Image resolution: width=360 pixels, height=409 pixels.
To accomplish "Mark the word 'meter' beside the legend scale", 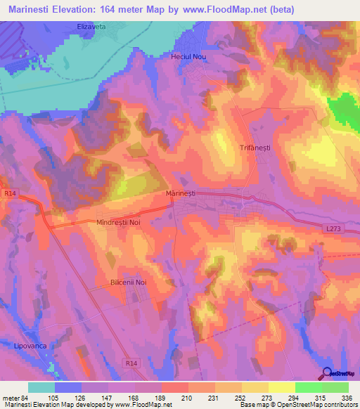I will [x=10, y=398].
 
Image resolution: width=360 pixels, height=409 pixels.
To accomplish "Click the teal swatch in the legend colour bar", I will [x=41, y=387].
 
